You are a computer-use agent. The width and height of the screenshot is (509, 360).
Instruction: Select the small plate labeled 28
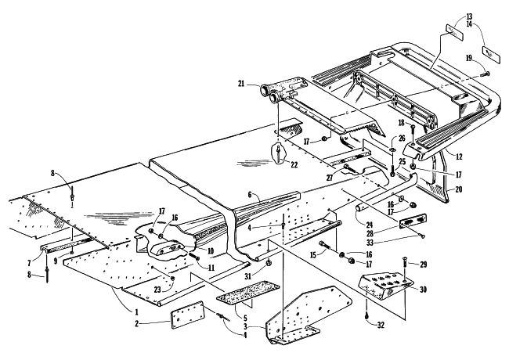click(x=410, y=223)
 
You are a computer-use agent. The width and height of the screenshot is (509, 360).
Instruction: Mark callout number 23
click(x=158, y=290)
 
